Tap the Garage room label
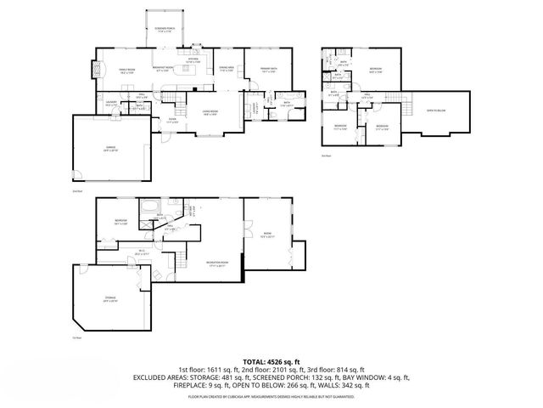coord(109,147)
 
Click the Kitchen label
coord(193,60)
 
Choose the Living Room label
coord(210,113)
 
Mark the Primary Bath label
coord(269,71)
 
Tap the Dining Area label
coord(227,69)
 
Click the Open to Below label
coord(436,110)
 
